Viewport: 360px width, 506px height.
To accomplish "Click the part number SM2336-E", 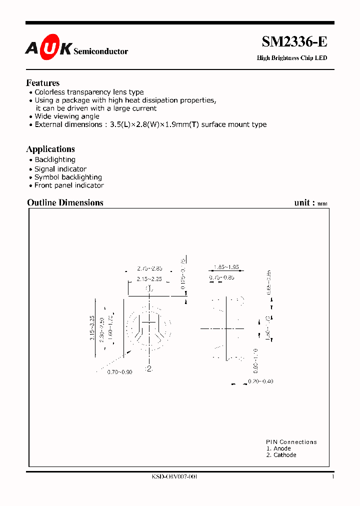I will pos(294,42).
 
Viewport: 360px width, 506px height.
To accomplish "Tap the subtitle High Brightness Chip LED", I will pos(291,58).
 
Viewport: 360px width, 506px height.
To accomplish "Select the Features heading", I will pos(42,83).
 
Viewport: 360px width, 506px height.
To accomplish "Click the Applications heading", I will pos(50,149).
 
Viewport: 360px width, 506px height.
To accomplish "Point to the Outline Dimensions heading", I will pos(65,202).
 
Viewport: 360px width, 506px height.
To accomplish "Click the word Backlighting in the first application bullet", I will pos(55,159).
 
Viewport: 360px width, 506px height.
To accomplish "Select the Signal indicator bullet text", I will pos(60,169).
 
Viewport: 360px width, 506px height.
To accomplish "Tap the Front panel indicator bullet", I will pos(69,185).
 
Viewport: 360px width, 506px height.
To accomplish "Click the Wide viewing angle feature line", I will pos(66,116).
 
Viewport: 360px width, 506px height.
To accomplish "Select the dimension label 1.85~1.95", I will pos(225,267).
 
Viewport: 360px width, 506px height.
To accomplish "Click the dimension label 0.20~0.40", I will pos(260,381).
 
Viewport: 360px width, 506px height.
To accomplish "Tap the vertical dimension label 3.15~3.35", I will pos(92,328).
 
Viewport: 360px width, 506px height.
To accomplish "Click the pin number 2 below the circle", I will pos(148,369).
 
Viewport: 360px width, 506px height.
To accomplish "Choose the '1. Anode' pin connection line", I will pos(278,448).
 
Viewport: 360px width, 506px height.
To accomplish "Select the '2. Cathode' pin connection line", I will pos(281,455).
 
